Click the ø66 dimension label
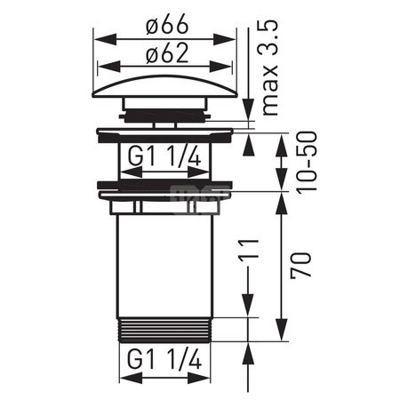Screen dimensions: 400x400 [x=167, y=24]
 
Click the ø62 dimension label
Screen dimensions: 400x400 [x=167, y=53]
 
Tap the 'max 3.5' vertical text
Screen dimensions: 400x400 [x=270, y=68]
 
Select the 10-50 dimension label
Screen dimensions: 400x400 [x=308, y=163]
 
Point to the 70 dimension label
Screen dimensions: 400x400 [x=301, y=266]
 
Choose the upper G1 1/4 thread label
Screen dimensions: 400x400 [x=164, y=156]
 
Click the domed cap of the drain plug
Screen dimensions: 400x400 [x=165, y=86]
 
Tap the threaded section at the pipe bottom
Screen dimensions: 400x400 [x=164, y=330]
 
